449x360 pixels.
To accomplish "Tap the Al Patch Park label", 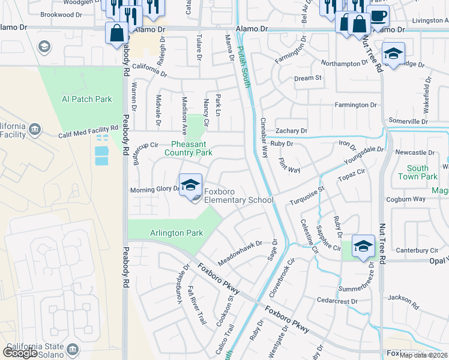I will coord(86,99).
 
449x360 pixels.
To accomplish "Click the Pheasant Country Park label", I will coord(188,149).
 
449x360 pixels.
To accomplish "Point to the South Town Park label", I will coord(422,173).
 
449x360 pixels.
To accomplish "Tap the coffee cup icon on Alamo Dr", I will coord(378,16).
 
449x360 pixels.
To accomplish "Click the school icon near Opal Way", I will coord(363,246).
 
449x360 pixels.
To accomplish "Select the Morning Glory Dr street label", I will coord(155,190).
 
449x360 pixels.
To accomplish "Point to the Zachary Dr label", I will coord(291,131).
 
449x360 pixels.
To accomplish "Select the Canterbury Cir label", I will coord(417,250).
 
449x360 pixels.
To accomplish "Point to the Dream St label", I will coord(308,78).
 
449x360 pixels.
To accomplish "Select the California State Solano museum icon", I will coord(73,349).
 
